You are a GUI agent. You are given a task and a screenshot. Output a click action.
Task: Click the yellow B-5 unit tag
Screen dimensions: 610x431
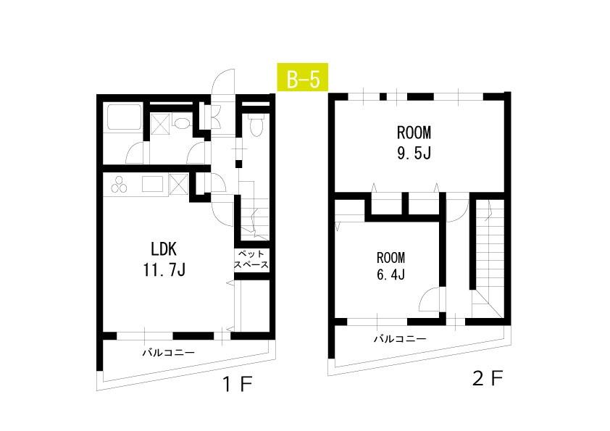302,77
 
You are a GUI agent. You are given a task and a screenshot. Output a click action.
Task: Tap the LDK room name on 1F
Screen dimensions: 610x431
164,249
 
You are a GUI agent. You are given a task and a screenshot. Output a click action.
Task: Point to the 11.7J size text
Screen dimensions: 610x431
164,269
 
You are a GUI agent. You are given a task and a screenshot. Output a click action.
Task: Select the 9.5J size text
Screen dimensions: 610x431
414,153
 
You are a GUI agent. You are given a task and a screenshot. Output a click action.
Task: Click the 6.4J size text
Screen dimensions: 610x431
390,275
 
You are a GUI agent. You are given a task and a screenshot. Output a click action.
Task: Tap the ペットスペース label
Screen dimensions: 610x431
251,259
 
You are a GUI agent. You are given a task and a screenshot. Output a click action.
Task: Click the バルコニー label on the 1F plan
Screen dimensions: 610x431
168,353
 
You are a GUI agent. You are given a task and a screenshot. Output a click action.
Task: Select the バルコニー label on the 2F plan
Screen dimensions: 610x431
400,338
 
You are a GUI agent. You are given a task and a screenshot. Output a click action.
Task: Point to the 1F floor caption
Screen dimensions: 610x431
238,385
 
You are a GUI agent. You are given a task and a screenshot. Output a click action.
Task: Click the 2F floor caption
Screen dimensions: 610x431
488,378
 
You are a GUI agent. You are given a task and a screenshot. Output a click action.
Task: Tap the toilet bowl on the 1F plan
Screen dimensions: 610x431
256,125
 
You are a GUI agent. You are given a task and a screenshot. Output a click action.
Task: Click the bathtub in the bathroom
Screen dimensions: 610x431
124,117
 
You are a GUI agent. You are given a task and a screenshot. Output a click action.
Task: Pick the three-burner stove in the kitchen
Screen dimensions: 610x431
119,184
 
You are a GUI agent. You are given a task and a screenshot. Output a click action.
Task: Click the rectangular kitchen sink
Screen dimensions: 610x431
152,184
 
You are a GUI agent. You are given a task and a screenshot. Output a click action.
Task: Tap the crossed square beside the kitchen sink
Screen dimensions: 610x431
179,183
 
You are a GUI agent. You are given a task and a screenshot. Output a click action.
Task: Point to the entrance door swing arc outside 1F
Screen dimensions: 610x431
222,81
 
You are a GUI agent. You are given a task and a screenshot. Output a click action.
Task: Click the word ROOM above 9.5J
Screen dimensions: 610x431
414,133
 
